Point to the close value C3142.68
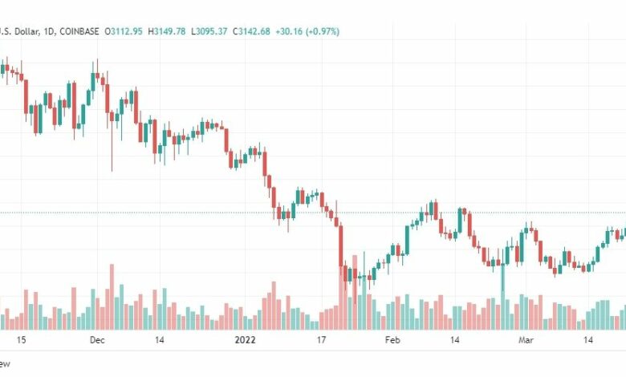[250, 31]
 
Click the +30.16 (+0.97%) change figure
[307, 31]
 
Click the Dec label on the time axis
[98, 340]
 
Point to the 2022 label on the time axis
[243, 340]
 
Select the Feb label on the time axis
[392, 340]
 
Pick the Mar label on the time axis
[526, 340]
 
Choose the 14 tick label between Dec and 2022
[160, 340]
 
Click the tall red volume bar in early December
[112, 297]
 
